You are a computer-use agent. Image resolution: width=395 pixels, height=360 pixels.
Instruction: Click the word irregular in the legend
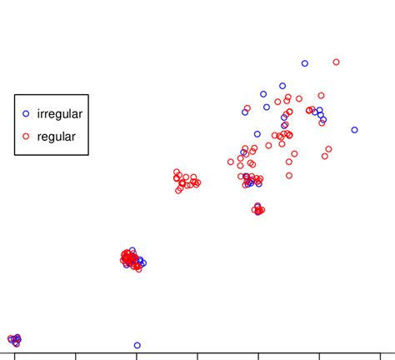[x=60, y=113]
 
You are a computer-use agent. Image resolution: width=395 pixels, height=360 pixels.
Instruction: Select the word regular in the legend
[x=57, y=136]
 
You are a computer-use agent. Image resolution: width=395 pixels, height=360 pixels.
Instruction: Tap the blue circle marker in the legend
[x=26, y=113]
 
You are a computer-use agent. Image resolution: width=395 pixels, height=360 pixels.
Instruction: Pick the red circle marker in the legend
[x=26, y=136]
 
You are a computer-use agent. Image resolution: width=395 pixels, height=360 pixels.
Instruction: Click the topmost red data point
[x=336, y=62]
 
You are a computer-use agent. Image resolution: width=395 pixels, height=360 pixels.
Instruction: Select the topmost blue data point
[x=305, y=63]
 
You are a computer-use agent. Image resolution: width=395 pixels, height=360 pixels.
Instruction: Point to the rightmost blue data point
[x=354, y=130]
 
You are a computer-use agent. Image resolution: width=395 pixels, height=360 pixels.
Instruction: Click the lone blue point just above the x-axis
[x=137, y=345]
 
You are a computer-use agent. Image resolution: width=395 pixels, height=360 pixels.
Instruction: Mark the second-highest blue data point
[x=282, y=86]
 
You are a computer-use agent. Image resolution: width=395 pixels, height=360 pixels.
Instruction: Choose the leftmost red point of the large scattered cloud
[x=231, y=162]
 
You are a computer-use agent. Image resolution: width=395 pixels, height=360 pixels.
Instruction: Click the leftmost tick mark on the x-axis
[x=14, y=356]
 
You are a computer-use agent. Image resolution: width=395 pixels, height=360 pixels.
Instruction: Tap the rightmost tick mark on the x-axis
[x=380, y=356]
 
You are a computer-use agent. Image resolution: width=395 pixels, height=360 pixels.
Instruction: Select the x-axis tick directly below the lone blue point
[x=137, y=356]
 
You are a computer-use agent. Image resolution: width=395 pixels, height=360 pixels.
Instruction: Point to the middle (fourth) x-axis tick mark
[x=197, y=356]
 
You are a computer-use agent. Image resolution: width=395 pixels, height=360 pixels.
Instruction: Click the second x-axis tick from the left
[x=76, y=356]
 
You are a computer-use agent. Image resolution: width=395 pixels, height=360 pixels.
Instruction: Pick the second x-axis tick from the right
[x=319, y=356]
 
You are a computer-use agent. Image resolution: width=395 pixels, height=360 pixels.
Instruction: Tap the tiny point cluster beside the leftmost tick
[x=14, y=339]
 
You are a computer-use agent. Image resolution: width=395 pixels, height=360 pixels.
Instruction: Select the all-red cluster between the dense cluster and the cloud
[x=185, y=181]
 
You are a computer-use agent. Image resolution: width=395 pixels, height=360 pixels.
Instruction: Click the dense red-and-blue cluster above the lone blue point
[x=132, y=259]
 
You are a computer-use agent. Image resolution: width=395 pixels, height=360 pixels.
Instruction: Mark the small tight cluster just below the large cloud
[x=258, y=209]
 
